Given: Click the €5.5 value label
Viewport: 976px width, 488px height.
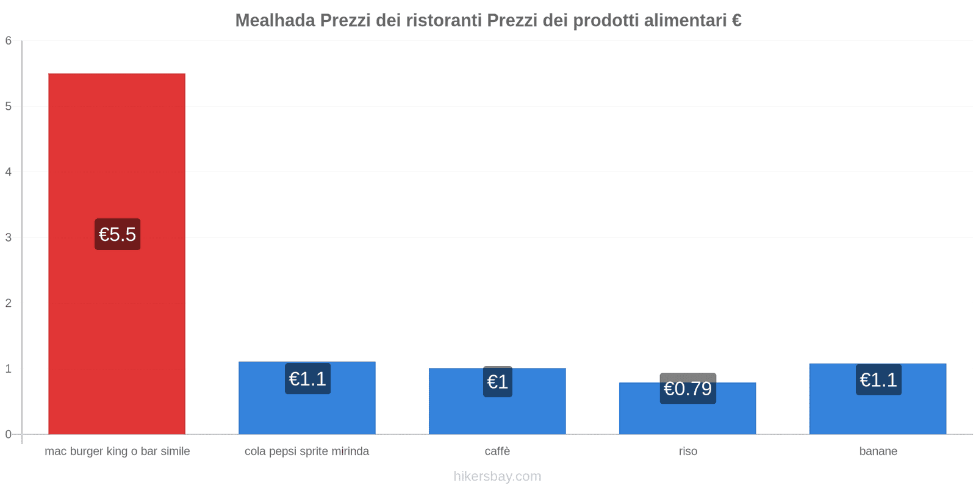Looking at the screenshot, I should click(x=117, y=234).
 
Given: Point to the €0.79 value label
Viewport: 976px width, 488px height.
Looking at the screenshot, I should click(x=687, y=389).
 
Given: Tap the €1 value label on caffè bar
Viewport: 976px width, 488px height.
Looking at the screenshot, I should click(x=497, y=382).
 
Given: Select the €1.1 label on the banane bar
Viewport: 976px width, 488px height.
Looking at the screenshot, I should click(x=878, y=380).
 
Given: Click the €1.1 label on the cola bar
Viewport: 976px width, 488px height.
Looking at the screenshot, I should click(x=307, y=379).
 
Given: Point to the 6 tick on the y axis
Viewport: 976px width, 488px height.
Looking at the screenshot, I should click(x=9, y=41).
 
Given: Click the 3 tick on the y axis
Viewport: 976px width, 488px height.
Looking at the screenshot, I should click(x=9, y=237).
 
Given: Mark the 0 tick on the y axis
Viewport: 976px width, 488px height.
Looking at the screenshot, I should click(x=9, y=434).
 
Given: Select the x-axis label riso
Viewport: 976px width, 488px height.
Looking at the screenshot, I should click(x=687, y=451).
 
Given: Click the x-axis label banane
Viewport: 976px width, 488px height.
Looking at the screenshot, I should click(x=878, y=451).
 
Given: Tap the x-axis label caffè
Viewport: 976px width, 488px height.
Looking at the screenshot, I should click(x=497, y=451).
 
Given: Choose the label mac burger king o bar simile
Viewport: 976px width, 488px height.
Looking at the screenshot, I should click(x=117, y=451).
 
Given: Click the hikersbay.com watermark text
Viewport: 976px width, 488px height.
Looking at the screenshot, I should click(x=497, y=476).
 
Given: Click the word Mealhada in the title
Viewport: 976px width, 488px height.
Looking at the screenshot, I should click(x=275, y=21).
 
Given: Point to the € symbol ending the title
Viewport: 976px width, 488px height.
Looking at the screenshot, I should click(x=736, y=21).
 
